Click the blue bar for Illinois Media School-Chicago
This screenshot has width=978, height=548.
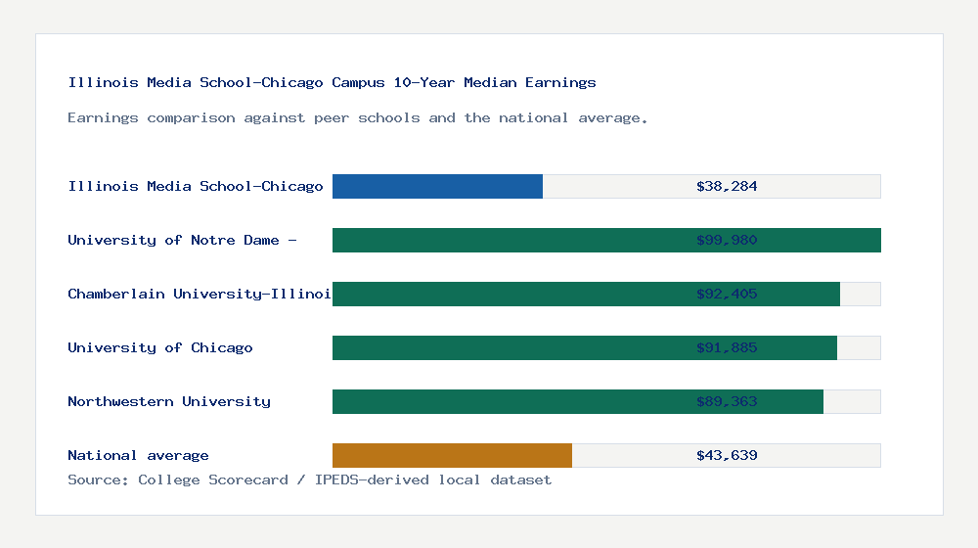[x=437, y=186]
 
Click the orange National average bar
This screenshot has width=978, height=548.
[x=452, y=455]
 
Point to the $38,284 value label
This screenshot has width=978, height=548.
[x=727, y=186]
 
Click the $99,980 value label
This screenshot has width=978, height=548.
[x=727, y=240]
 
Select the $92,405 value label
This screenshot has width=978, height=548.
[x=727, y=294]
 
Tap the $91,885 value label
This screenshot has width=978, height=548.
[x=727, y=347]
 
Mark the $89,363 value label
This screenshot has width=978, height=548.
[x=727, y=401]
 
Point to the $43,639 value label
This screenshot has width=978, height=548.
[x=727, y=455]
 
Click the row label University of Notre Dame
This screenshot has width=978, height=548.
[x=181, y=240]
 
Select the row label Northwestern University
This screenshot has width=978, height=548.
[x=169, y=401]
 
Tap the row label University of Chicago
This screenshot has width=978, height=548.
[x=160, y=347]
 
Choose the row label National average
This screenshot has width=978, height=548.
[x=138, y=455]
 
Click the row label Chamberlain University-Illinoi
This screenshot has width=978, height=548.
[x=199, y=294]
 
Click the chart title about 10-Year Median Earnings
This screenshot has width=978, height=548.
[x=332, y=82]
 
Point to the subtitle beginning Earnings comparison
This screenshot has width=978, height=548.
[x=358, y=117]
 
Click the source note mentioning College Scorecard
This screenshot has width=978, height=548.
[x=309, y=479]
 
